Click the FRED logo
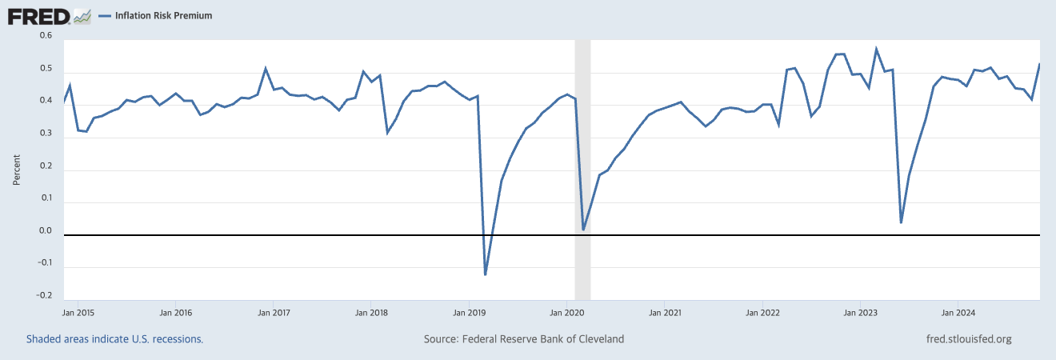[49, 17]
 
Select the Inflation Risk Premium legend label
[163, 15]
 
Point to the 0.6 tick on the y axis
[46, 35]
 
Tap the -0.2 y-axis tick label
[44, 295]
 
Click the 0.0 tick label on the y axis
[46, 230]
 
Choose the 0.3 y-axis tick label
[46, 134]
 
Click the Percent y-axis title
[17, 170]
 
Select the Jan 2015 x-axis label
[78, 313]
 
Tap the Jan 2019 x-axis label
[469, 313]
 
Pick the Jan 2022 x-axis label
[762, 313]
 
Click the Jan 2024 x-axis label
[958, 313]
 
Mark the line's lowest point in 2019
[485, 274]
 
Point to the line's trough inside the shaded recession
[583, 230]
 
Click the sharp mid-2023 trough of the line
[901, 222]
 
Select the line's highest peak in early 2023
[876, 48]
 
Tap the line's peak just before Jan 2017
[266, 68]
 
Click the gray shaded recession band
[582, 170]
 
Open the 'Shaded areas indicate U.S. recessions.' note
[114, 339]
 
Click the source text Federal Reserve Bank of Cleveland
[543, 339]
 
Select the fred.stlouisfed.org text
[969, 339]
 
